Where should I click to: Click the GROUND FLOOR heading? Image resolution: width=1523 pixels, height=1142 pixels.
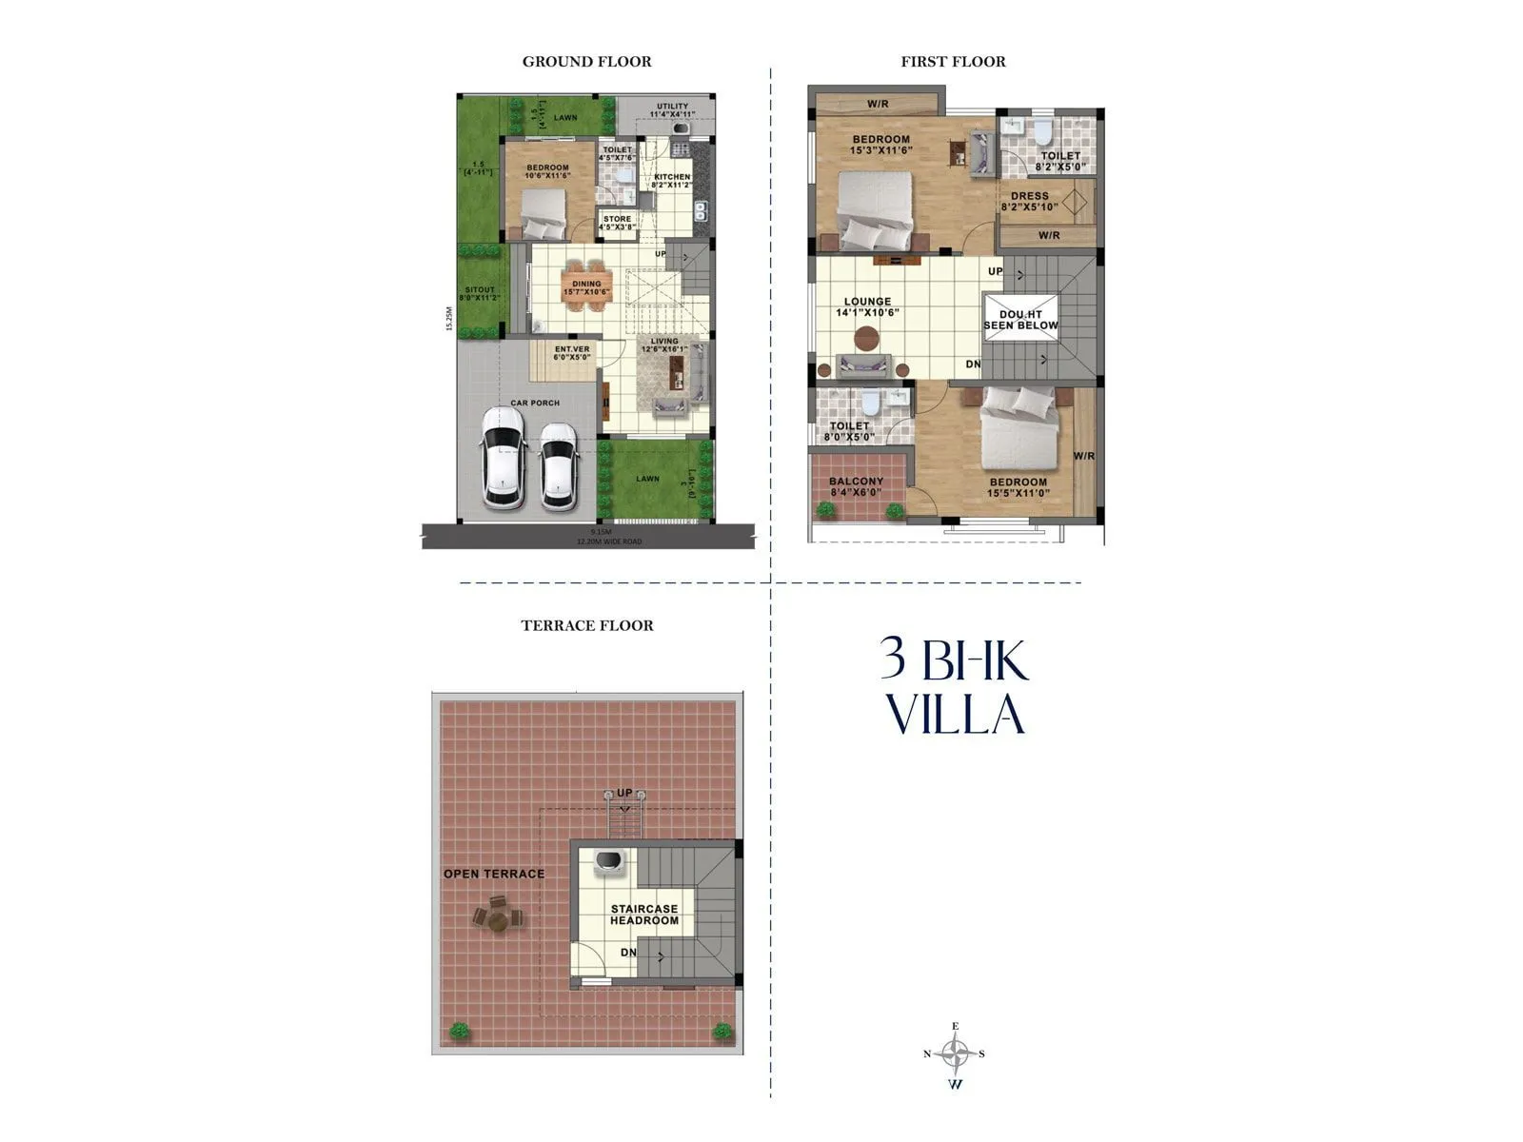[586, 62]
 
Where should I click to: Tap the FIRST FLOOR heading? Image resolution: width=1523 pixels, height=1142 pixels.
[953, 62]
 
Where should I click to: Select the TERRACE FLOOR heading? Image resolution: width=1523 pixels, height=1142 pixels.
[587, 626]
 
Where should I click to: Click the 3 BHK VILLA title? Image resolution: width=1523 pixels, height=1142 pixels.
[955, 687]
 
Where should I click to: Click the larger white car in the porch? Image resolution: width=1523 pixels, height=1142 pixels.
[502, 457]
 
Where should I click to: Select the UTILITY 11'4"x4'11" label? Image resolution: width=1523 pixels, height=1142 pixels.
[672, 110]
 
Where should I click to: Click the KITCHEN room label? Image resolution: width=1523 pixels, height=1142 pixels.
[671, 181]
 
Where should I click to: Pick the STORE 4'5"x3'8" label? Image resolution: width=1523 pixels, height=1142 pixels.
[617, 223]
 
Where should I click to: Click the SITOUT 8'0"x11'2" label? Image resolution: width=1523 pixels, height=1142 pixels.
[480, 294]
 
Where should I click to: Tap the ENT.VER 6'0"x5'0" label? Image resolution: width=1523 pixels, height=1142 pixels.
[572, 353]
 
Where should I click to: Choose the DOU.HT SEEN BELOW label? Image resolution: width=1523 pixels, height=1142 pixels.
[1020, 320]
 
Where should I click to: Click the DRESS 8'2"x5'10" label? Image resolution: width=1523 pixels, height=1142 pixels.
[1030, 201]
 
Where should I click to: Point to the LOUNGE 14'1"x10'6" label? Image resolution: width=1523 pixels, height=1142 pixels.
[867, 306]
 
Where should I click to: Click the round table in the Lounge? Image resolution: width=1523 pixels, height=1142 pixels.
[867, 338]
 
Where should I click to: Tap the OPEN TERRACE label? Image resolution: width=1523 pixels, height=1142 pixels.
[494, 874]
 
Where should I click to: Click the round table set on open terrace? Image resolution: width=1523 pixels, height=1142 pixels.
[497, 917]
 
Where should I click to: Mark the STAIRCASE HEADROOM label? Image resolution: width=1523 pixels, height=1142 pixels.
[644, 915]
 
